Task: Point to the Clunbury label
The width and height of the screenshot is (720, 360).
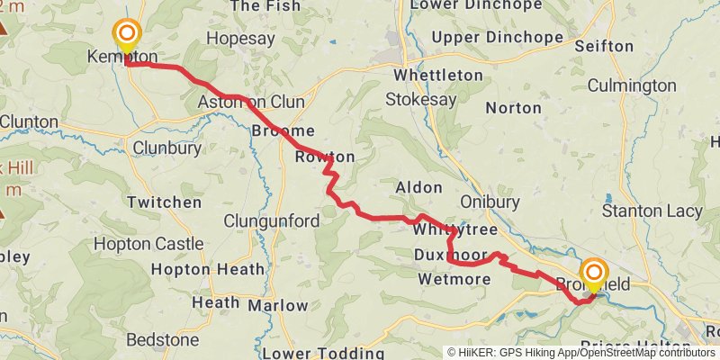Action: coord(164,147)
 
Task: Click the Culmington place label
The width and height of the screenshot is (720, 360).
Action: coord(631,85)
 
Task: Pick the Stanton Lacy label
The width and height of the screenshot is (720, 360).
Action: coord(652,211)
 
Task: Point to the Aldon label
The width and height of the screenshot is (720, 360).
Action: coord(419,188)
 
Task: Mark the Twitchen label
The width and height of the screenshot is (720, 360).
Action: coord(165,202)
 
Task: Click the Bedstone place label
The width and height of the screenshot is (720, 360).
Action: coord(161,340)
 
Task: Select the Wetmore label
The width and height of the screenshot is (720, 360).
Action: coord(454,280)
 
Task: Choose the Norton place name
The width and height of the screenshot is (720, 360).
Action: coord(513,108)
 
